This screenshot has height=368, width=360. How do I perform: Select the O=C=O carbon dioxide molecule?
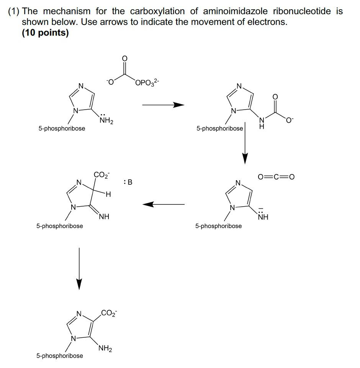pos(276,177)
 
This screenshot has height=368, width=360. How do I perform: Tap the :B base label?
pos(128,182)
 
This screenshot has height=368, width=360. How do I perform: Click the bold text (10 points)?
pos(45,33)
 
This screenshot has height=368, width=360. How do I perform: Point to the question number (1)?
pos(14,11)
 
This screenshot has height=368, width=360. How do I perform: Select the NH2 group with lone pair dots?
pos(106,120)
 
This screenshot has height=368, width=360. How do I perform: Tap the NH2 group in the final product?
pos(105,348)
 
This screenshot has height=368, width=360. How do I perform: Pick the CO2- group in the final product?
pos(109,313)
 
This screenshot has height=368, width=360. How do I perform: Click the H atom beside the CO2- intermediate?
pos(108,195)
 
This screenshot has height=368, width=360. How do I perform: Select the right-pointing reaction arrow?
pos(163,105)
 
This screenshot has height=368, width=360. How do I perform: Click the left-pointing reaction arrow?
pos(164,204)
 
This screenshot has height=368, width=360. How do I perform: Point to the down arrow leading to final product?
pos(79,268)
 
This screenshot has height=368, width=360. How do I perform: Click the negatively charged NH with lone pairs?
pos(263,216)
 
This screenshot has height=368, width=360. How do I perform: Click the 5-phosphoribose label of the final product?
pos(60,356)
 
